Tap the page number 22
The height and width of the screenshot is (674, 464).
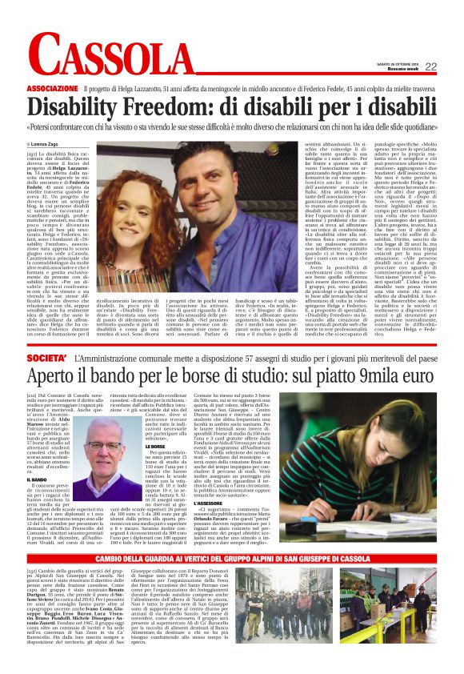[x=430, y=66]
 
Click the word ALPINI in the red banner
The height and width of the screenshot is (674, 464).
[x=275, y=580]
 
